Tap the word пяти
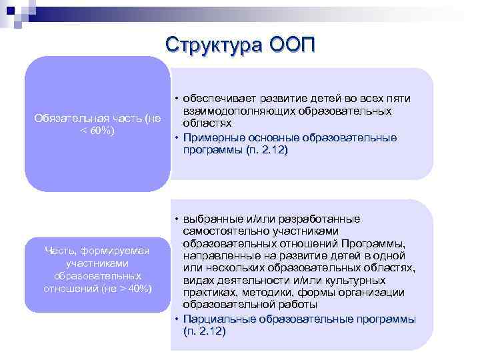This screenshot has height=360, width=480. pyautogui.click(x=398, y=99)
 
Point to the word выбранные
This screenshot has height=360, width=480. pyautogui.click(x=211, y=219)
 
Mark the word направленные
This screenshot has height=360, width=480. pyautogui.click(x=216, y=255)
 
